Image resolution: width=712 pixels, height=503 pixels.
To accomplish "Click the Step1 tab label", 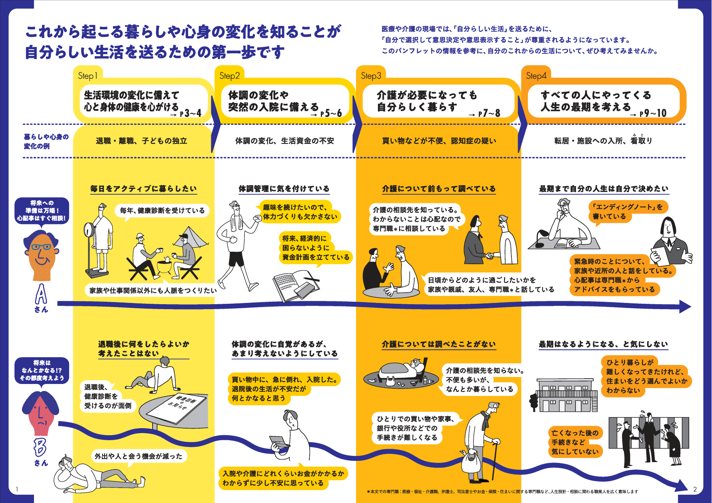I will pyautogui.click(x=88, y=76).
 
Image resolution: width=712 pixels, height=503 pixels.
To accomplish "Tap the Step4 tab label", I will pyautogui.click(x=536, y=76).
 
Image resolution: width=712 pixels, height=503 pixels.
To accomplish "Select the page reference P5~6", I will pyautogui.click(x=331, y=113).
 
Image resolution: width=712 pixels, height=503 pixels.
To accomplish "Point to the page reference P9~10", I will pyautogui.click(x=652, y=113).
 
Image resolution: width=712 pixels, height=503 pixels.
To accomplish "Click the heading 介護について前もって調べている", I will pyautogui.click(x=439, y=189).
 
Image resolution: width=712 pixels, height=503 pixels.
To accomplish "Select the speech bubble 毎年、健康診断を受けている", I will pyautogui.click(x=162, y=210).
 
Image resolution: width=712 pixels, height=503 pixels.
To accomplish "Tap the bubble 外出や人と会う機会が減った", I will pyautogui.click(x=139, y=456).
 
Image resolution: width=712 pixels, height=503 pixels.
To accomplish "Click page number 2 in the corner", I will pyautogui.click(x=695, y=489).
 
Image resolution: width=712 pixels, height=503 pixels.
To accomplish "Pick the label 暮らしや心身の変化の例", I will pyautogui.click(x=46, y=141).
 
